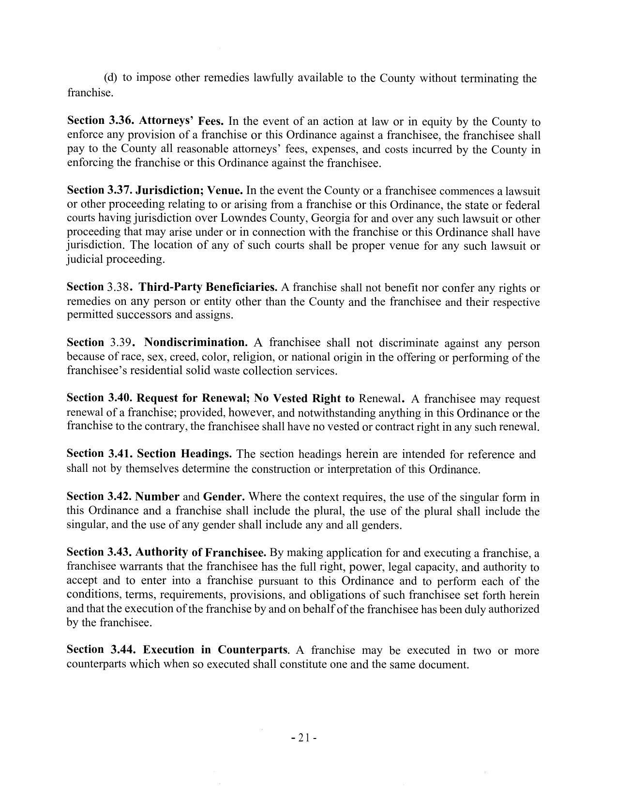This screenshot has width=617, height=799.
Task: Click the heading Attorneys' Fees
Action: pyautogui.click(x=181, y=121)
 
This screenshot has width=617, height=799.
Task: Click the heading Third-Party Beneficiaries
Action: pyautogui.click(x=208, y=287)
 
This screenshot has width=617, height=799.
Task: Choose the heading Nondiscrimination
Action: pyautogui.click(x=196, y=343)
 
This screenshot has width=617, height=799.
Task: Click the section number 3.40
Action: pyautogui.click(x=120, y=398)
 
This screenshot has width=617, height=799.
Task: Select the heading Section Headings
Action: pyautogui.click(x=184, y=454)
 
